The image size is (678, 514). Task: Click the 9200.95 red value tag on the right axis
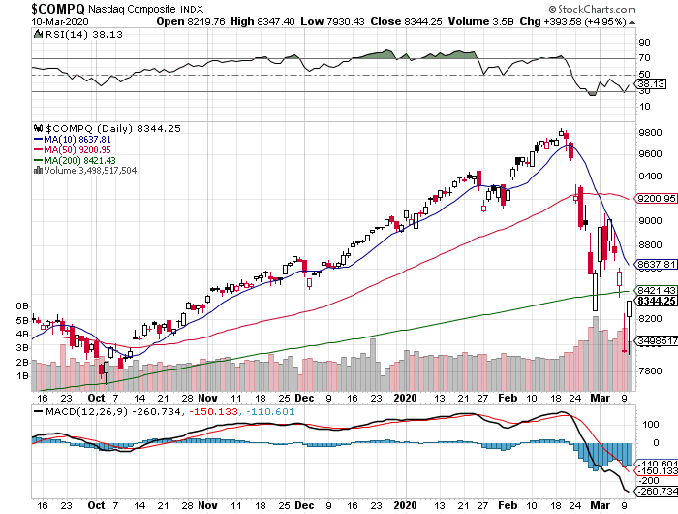pos(654,199)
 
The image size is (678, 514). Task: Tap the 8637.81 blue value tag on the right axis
pos(654,264)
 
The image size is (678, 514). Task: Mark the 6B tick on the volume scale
pos(20,305)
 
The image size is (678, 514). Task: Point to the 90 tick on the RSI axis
pos(641,43)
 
